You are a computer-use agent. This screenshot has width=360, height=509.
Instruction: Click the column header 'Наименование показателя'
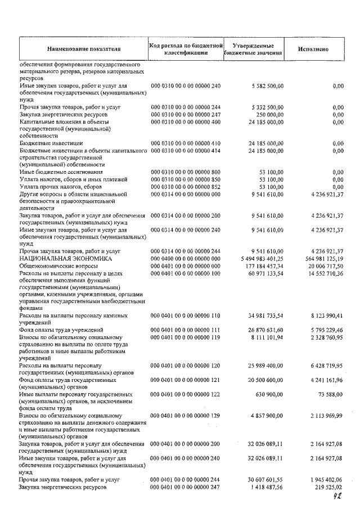coord(84,49)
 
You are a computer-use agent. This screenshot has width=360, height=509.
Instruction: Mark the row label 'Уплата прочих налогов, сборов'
coord(58,186)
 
